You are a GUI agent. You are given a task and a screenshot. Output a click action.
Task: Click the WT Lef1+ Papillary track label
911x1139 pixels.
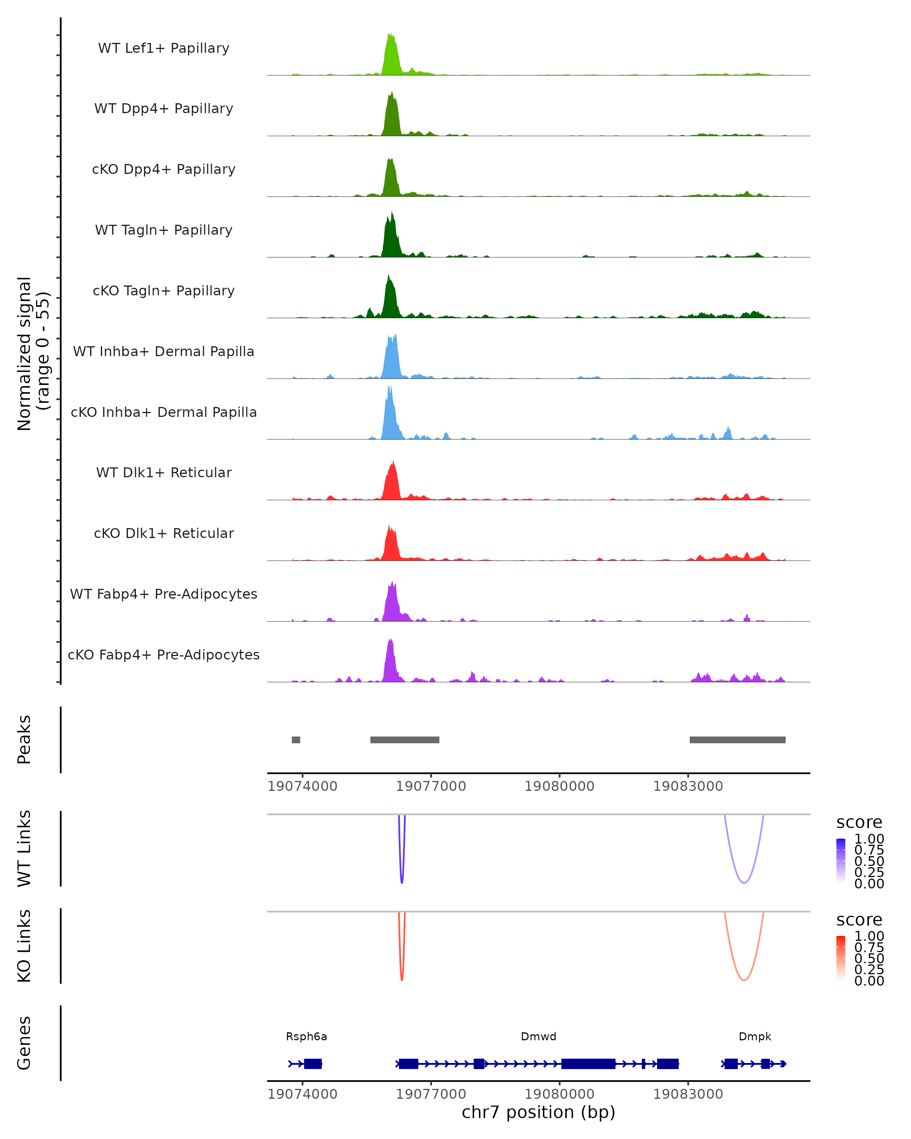[x=164, y=48]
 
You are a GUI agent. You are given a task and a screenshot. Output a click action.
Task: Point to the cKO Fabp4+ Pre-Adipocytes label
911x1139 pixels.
[x=164, y=655]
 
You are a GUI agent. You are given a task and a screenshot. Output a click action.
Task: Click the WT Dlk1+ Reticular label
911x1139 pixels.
[x=164, y=472]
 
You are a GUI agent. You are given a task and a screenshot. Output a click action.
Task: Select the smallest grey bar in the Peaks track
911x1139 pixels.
[x=296, y=740]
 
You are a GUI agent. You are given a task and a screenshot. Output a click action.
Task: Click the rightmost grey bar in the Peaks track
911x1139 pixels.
[x=737, y=740]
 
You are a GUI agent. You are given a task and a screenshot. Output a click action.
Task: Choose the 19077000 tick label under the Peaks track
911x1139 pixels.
[x=431, y=786]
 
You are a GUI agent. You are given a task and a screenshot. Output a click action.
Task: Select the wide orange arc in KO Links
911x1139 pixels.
[x=744, y=980]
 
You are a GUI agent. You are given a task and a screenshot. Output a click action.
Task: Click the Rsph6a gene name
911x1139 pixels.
[x=306, y=1036]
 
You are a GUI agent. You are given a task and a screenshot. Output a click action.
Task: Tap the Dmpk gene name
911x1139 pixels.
[x=755, y=1036]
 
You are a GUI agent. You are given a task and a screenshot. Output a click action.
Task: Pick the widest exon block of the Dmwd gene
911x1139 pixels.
[x=588, y=1063]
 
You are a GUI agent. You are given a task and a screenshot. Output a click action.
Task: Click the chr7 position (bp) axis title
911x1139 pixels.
[x=538, y=1112]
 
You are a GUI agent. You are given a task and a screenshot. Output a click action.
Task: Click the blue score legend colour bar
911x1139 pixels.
[x=841, y=860]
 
